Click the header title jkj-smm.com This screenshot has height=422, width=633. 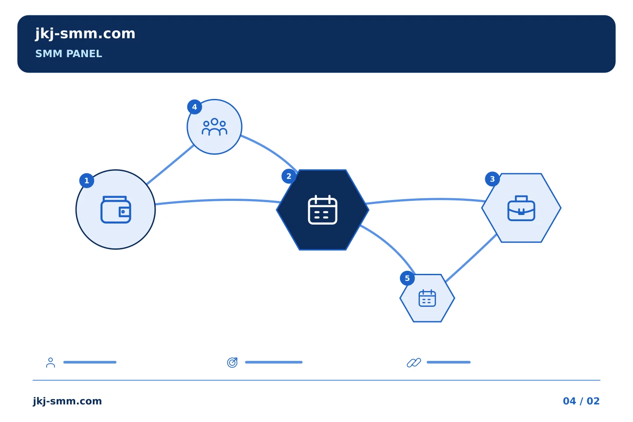[85, 34]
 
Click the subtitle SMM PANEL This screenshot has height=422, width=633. [69, 54]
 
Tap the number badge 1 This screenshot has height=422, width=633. [87, 181]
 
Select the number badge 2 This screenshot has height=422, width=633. [289, 176]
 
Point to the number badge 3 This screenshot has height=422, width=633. [492, 179]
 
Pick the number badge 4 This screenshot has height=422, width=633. [194, 107]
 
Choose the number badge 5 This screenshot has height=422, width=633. [407, 278]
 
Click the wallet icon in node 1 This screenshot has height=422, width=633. [116, 210]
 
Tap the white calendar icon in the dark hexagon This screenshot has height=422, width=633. [323, 210]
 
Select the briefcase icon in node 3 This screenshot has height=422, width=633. [521, 208]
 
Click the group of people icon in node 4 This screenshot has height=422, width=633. [215, 127]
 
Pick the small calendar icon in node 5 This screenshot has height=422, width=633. [427, 298]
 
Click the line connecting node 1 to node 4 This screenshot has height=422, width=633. [171, 164]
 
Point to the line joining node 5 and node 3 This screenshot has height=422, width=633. [471, 258]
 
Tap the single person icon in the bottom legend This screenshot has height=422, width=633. [51, 362]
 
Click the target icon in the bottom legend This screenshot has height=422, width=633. [232, 362]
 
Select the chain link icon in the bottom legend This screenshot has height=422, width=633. [414, 362]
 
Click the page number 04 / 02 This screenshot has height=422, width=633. [581, 401]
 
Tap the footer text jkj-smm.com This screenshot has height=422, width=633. [67, 401]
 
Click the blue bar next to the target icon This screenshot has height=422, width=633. [274, 362]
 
